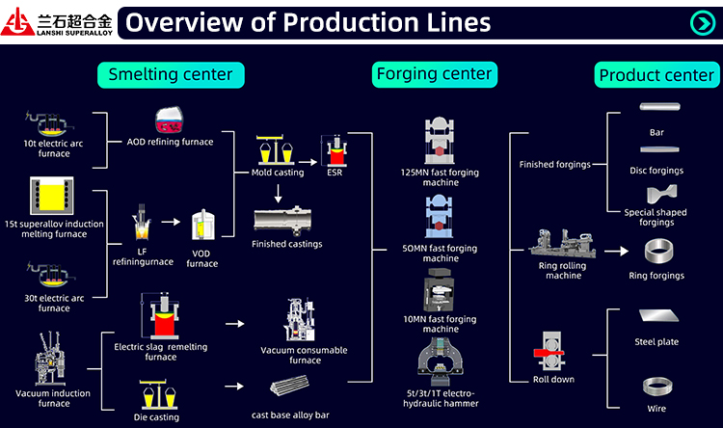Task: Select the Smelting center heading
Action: click(x=170, y=74)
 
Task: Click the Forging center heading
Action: click(x=434, y=73)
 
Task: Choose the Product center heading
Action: click(x=656, y=75)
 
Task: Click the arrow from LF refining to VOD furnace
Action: click(x=172, y=222)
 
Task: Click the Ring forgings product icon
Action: click(x=656, y=253)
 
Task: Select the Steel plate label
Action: click(x=657, y=341)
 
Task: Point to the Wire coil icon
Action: click(x=657, y=388)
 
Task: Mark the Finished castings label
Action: click(x=286, y=244)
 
